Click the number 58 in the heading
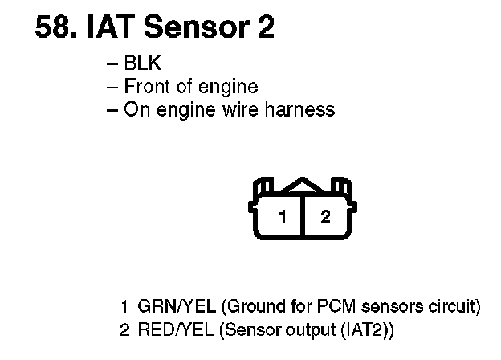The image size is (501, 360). (52, 28)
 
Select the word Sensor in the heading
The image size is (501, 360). (197, 28)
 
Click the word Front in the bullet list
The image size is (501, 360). (145, 87)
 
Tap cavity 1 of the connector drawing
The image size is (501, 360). (282, 216)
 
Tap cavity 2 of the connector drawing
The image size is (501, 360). (324, 216)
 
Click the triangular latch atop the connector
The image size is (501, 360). (303, 186)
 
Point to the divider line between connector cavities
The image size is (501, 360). (303, 218)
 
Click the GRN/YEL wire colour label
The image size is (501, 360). (177, 307)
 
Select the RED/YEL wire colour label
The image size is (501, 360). (177, 329)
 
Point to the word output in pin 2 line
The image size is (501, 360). (306, 329)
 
